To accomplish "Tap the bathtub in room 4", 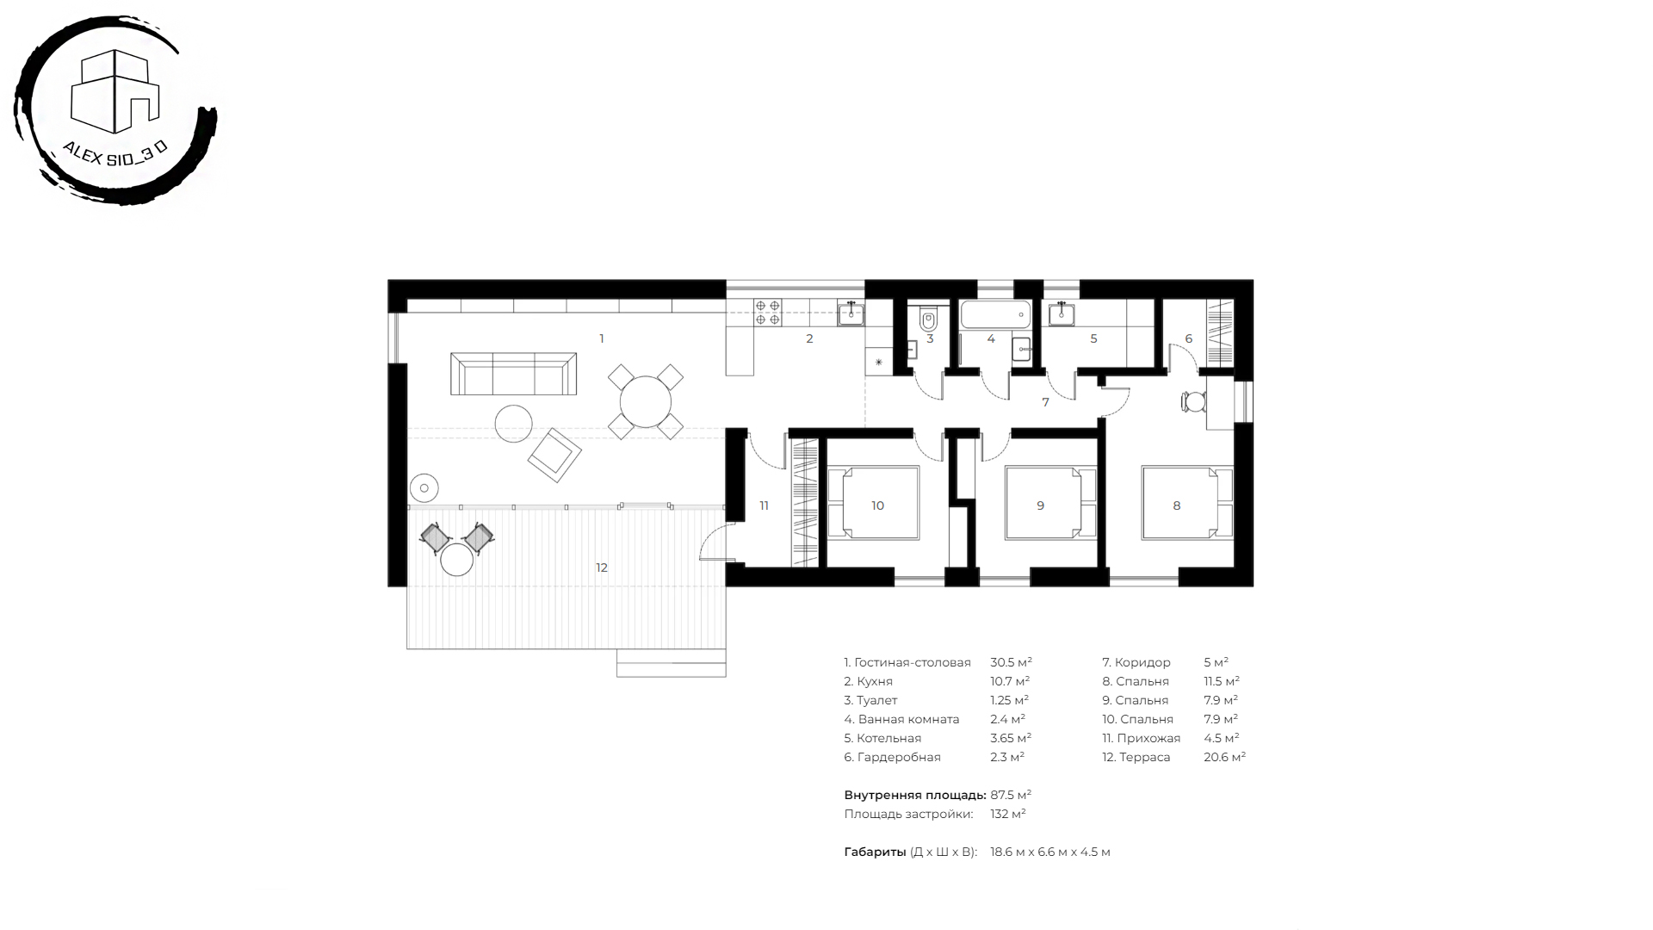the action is pyautogui.click(x=995, y=314).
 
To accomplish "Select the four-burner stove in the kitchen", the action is pyautogui.click(x=768, y=312).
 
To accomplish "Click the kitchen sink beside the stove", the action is pyautogui.click(x=851, y=313).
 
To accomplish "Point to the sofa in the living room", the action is pyautogui.click(x=513, y=373).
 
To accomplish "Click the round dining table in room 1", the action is pyautogui.click(x=646, y=402).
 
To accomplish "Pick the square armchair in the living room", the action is pyautogui.click(x=554, y=455).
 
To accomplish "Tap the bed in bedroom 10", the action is pyautogui.click(x=874, y=503).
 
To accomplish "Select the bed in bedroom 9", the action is pyautogui.click(x=1051, y=503).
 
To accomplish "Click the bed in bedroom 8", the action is pyautogui.click(x=1187, y=503).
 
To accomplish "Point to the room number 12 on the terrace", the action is pyautogui.click(x=602, y=567).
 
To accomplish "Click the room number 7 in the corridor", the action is pyautogui.click(x=1045, y=402).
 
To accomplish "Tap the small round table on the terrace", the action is pyautogui.click(x=456, y=560).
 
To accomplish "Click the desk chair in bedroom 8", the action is pyautogui.click(x=1193, y=402).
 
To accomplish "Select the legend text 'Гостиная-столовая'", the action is pyautogui.click(x=913, y=662).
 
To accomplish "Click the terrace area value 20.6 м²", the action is pyautogui.click(x=1224, y=757).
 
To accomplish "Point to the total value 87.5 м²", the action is pyautogui.click(x=1011, y=795).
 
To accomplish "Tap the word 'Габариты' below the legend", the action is pyautogui.click(x=875, y=852).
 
